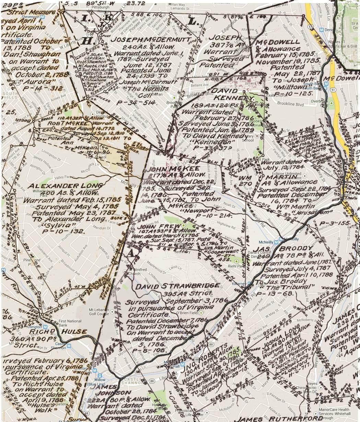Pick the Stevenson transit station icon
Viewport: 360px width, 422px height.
(x=42, y=16)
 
